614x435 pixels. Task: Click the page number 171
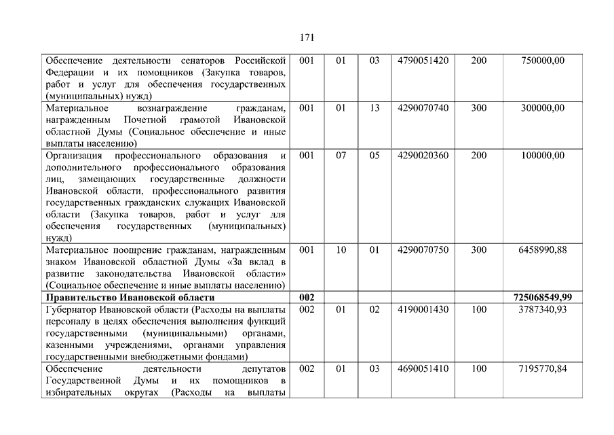(x=307, y=37)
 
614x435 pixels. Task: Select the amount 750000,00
(x=542, y=60)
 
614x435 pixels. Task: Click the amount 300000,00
(x=542, y=108)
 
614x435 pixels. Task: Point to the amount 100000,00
(x=542, y=156)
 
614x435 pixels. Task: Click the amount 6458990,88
(x=542, y=250)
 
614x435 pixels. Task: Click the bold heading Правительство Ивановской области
(x=130, y=298)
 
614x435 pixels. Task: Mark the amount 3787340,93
(x=542, y=309)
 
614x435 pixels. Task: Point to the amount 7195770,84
(x=542, y=368)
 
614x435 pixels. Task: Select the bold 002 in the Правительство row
(x=307, y=298)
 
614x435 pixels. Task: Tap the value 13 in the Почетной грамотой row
(x=375, y=108)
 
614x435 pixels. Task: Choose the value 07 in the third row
(x=341, y=156)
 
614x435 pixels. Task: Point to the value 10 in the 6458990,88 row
(x=341, y=250)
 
